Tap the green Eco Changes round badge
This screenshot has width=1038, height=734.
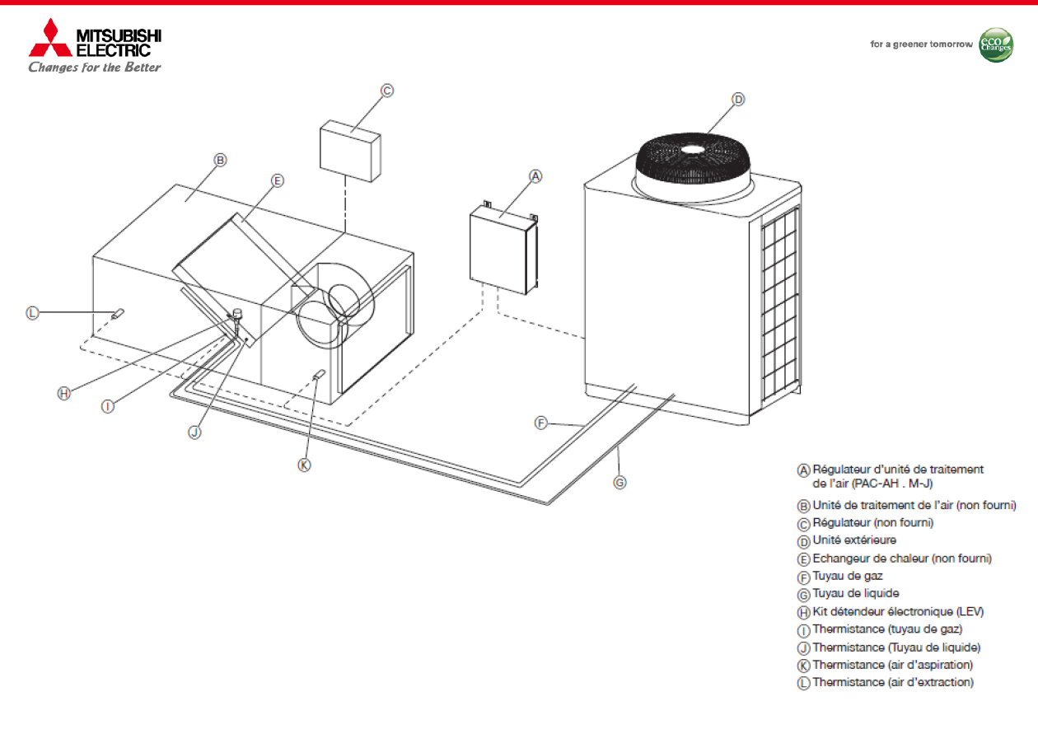995,44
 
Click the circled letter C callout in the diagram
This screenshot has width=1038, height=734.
387,91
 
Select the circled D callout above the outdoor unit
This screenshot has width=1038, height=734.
738,100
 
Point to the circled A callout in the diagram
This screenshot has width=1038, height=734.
535,176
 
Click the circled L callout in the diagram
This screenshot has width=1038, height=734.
32,312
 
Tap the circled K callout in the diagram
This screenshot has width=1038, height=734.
304,465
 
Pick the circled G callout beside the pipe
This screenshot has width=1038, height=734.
620,482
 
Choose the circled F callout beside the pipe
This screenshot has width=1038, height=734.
541,423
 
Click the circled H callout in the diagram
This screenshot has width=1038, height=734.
64,393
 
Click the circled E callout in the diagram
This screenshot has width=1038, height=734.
277,180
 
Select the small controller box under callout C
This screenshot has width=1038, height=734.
351,150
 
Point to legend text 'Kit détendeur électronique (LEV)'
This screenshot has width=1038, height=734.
897,611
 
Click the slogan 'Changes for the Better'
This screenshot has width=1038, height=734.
95,67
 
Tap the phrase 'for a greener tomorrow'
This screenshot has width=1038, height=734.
921,44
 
